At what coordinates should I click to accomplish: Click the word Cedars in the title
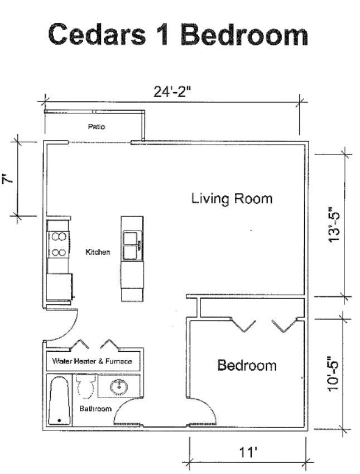pyautogui.click(x=97, y=35)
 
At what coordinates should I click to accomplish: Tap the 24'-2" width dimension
pyautogui.click(x=172, y=92)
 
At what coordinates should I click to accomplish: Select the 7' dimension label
pyautogui.click(x=8, y=180)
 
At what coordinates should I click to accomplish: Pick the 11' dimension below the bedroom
pyautogui.click(x=248, y=452)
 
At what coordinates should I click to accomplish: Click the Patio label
pyautogui.click(x=97, y=127)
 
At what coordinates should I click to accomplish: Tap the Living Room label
pyautogui.click(x=232, y=199)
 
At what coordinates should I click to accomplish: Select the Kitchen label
pyautogui.click(x=98, y=252)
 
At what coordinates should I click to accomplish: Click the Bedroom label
pyautogui.click(x=247, y=365)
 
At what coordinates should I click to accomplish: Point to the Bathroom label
pyautogui.click(x=95, y=409)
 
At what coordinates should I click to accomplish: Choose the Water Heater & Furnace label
pyautogui.click(x=92, y=361)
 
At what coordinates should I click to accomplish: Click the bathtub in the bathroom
pyautogui.click(x=60, y=400)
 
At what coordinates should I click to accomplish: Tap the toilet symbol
pyautogui.click(x=85, y=386)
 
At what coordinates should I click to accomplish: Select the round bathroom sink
pyautogui.click(x=118, y=387)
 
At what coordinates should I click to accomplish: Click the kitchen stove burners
pyautogui.click(x=59, y=244)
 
